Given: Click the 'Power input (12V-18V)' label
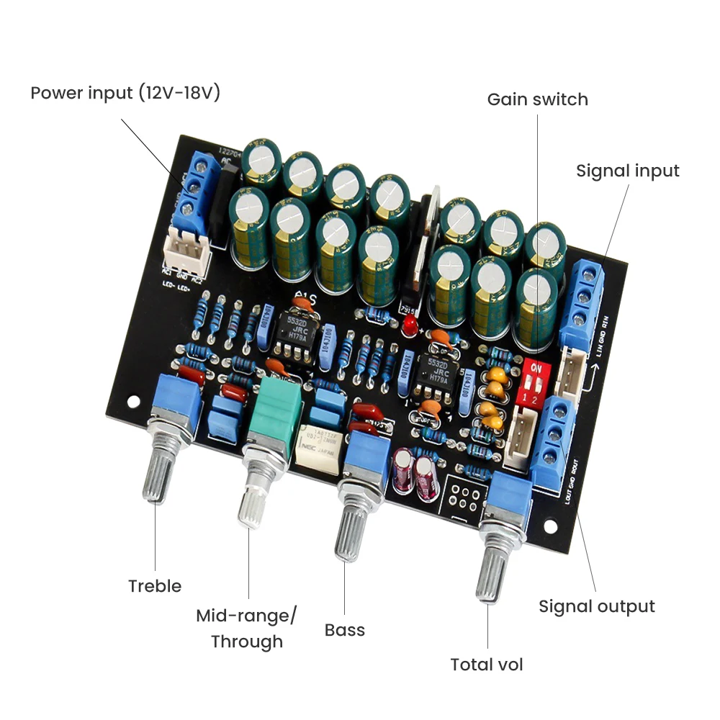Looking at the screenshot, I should [x=125, y=94].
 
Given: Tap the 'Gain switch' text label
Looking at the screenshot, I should [x=537, y=99].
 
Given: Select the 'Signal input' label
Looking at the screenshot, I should [x=627, y=171].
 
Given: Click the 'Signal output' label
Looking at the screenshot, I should [x=597, y=606].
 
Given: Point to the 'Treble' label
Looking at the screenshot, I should [x=155, y=585].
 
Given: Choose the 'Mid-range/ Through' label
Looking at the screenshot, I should [x=247, y=629].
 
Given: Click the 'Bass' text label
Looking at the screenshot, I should [x=345, y=630].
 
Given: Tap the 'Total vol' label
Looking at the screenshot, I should [x=487, y=664].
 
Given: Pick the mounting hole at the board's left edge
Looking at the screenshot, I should [x=132, y=400].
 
